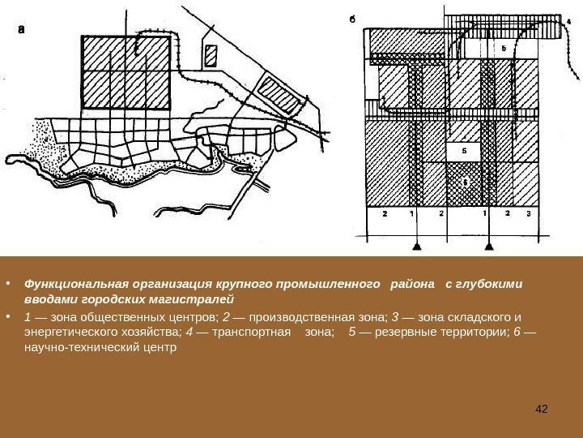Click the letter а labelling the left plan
click(22, 28)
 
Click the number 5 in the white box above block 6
click(463, 151)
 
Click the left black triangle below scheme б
click(418, 244)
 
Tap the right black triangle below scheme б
click(487, 244)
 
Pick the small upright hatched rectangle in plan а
click(212, 55)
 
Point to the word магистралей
click(198, 299)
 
